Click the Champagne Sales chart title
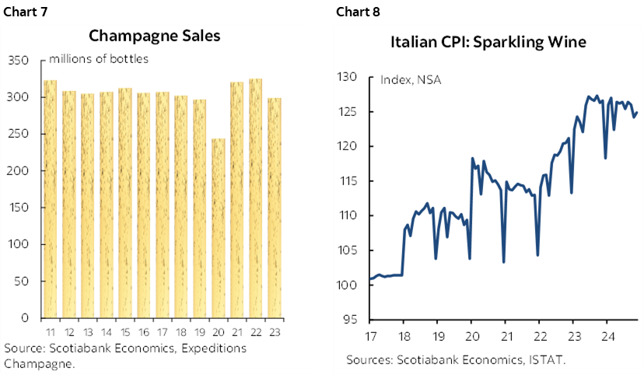pos(154,36)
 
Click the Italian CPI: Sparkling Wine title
pos(488,42)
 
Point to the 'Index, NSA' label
pos(411,79)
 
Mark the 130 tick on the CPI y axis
pos(347,77)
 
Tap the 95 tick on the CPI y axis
pos(350,319)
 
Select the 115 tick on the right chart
pos(347,181)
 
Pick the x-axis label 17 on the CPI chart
pos(370,336)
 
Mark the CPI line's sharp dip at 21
pos(504,261)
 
